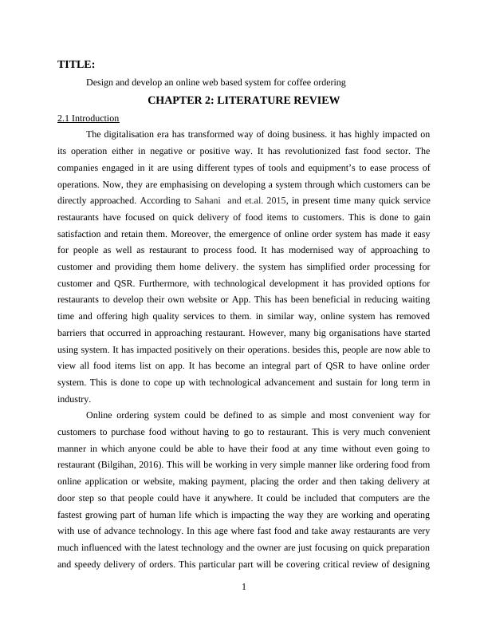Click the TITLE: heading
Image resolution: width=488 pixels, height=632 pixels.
(x=77, y=64)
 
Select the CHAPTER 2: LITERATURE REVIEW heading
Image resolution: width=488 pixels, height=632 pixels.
(x=244, y=100)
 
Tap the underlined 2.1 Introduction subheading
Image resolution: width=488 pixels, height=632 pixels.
(x=88, y=118)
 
